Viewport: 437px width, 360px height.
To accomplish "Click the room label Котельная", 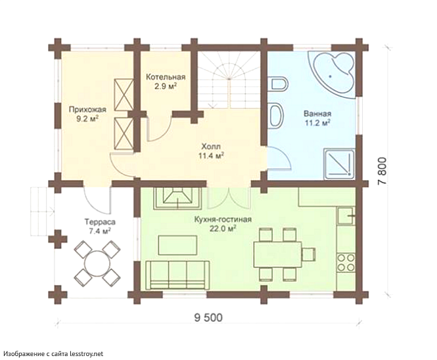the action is tap(166, 77).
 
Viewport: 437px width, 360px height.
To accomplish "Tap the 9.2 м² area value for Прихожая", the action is tap(87, 120).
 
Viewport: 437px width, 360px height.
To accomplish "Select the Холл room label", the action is tap(211, 146).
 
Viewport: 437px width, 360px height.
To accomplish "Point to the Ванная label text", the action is tap(317, 114).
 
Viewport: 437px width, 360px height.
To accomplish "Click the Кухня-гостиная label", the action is tap(223, 219).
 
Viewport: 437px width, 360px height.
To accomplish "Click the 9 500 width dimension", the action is tap(208, 317).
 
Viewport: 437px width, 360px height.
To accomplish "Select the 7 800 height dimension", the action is tap(383, 171).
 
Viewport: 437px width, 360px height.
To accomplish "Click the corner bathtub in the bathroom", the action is tap(332, 72).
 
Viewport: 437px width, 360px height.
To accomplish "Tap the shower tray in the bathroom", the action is tap(339, 164).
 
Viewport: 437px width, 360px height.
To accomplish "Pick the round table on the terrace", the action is tap(97, 263).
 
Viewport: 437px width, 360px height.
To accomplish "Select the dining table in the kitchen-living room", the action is tap(277, 254).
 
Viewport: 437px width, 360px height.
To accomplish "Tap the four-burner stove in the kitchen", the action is tap(346, 263).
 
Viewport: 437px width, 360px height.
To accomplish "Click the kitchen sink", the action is tap(346, 216).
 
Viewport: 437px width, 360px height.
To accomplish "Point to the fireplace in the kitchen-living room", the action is tap(178, 198).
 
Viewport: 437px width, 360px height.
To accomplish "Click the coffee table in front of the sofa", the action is tap(178, 245).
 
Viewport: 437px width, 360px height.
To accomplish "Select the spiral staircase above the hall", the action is tap(229, 80).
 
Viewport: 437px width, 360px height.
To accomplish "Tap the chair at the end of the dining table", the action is tap(310, 254).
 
